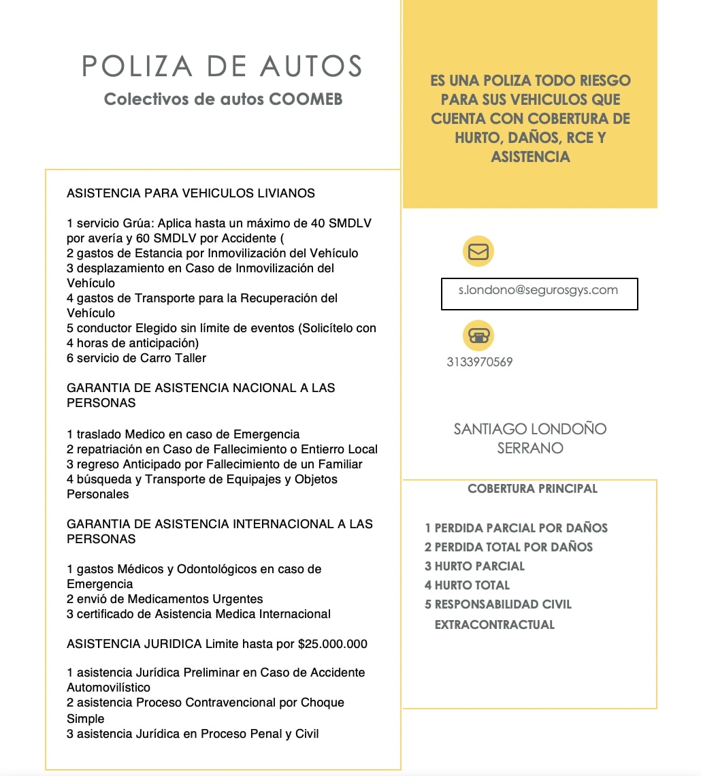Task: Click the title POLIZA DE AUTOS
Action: (222, 66)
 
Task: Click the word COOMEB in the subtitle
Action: (306, 99)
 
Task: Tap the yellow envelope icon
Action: (478, 252)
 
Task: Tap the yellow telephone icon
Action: (478, 336)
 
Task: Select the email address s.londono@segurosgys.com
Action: (538, 290)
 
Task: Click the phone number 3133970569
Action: (479, 362)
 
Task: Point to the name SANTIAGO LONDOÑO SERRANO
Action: (529, 438)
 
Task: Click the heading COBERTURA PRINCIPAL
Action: (532, 489)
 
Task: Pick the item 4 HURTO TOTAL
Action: (467, 585)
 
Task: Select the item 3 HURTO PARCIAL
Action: (474, 566)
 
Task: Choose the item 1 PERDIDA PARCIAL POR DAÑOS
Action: (516, 528)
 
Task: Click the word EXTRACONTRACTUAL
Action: (494, 625)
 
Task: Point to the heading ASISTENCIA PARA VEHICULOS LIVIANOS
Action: (191, 193)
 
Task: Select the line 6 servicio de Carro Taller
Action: (136, 358)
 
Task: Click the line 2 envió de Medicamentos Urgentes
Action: (165, 599)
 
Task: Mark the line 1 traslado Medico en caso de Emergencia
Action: (183, 434)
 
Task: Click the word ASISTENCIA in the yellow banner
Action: (529, 157)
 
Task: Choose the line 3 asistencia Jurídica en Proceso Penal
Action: (193, 734)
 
